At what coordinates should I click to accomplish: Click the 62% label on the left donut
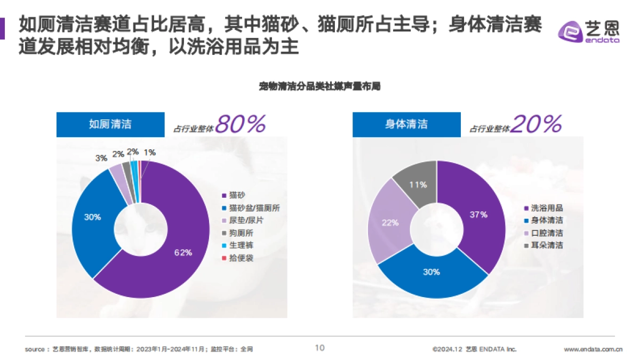point(183,253)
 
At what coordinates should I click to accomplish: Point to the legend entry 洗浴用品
point(547,208)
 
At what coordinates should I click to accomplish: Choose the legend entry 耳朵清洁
point(547,245)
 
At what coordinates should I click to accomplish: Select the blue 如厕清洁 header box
point(110,125)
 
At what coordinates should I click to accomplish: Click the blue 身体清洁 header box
point(406,125)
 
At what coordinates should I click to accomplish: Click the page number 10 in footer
point(319,348)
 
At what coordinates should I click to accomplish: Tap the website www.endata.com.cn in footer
point(593,349)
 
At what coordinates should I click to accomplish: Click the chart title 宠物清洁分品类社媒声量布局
point(319,86)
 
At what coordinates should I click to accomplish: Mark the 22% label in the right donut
point(390,222)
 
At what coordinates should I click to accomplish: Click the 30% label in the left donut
point(92,217)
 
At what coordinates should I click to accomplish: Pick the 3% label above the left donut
point(101,158)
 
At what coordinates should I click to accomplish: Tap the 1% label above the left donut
point(150,153)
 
